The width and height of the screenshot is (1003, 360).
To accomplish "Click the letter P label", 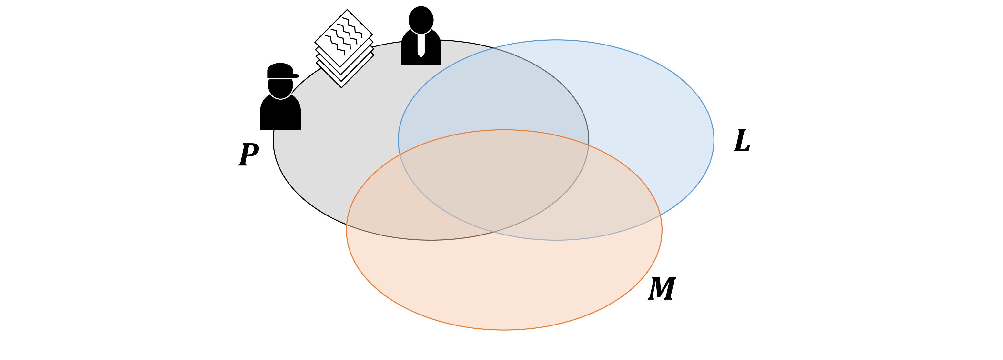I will [x=248, y=155].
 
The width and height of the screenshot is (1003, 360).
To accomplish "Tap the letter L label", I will [x=742, y=141].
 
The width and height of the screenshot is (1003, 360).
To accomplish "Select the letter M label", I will [x=662, y=289].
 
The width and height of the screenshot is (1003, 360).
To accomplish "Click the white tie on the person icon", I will [x=421, y=45].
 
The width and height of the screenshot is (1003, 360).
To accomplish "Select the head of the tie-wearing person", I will [x=421, y=19].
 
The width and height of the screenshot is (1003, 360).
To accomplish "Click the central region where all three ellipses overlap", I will [x=494, y=179].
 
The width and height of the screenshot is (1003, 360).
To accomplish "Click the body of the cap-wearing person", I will [x=280, y=115].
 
